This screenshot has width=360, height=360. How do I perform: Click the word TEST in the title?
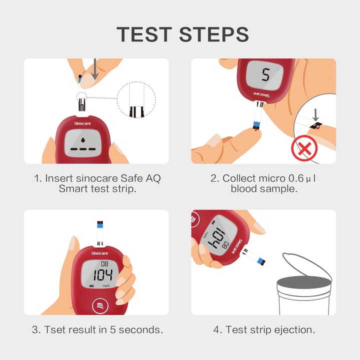tap(144, 34)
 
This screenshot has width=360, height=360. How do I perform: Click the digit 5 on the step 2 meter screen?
tap(265, 75)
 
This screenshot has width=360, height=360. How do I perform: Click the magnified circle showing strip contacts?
tap(137, 101)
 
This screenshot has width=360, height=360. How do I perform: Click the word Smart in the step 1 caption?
tap(74, 189)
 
